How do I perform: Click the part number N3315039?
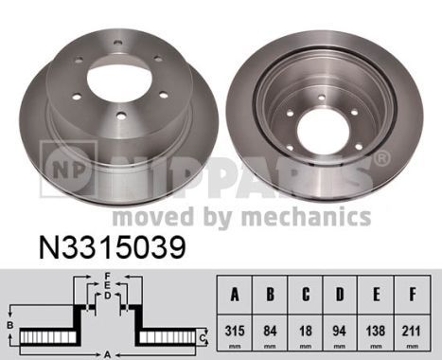click(112, 248)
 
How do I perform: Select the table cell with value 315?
click(235, 333)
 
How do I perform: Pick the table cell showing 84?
click(270, 333)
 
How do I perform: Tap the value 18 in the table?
click(306, 333)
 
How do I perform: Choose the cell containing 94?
click(340, 333)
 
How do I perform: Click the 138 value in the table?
click(376, 333)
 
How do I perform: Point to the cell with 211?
click(412, 333)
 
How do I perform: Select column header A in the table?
click(235, 295)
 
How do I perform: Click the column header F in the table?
click(412, 295)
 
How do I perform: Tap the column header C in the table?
click(306, 295)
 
